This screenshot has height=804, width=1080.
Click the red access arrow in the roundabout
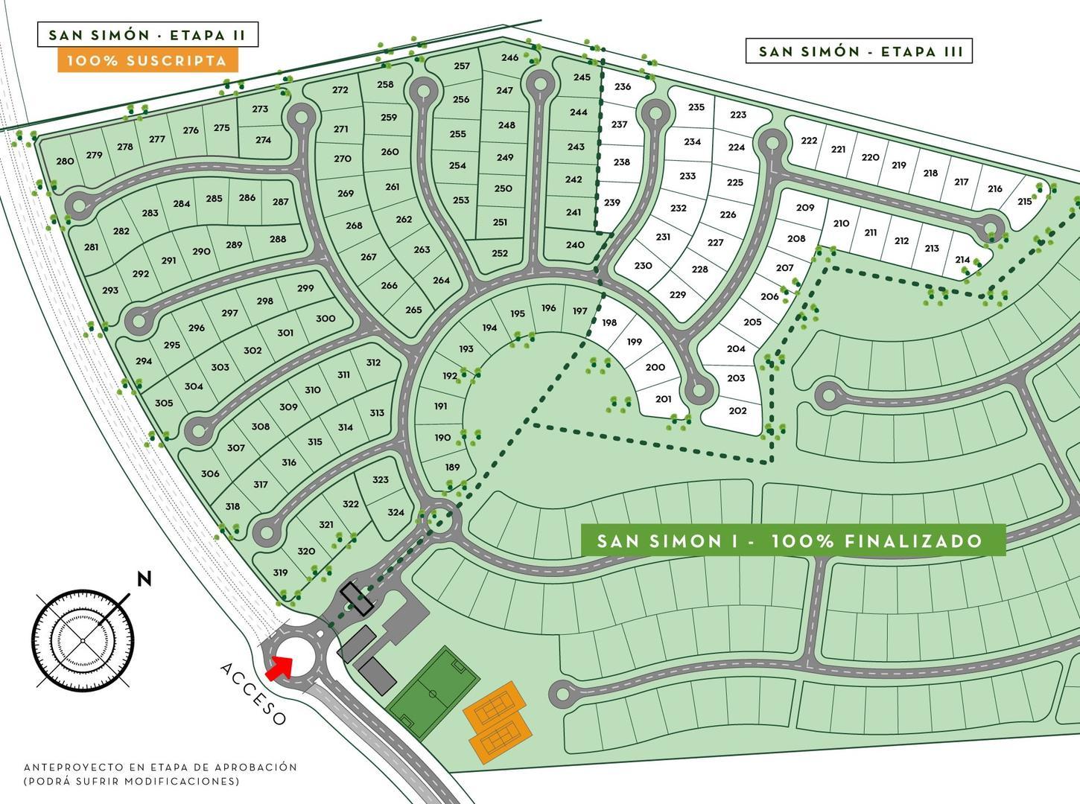coord(279,667)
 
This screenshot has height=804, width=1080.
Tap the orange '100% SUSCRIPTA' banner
coord(147,60)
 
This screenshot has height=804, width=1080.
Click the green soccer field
coord(433,692)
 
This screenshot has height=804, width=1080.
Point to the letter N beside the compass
coord(144,579)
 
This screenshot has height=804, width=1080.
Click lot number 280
coord(65,161)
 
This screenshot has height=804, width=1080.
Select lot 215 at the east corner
coord(1025,201)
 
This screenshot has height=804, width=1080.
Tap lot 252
coord(500,253)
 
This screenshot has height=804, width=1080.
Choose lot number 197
coord(579,311)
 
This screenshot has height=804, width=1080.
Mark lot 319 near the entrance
coord(280,572)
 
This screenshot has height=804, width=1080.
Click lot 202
coord(737,411)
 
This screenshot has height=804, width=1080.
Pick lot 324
coord(396,512)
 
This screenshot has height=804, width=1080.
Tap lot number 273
coord(260,109)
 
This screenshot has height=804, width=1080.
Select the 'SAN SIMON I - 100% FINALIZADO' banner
coord(792,540)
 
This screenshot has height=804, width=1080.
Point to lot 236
coord(623,86)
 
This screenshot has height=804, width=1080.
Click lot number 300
coord(325,318)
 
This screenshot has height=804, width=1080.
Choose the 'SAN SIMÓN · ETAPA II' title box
coord(147,35)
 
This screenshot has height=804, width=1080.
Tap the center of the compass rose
coord(82,640)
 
